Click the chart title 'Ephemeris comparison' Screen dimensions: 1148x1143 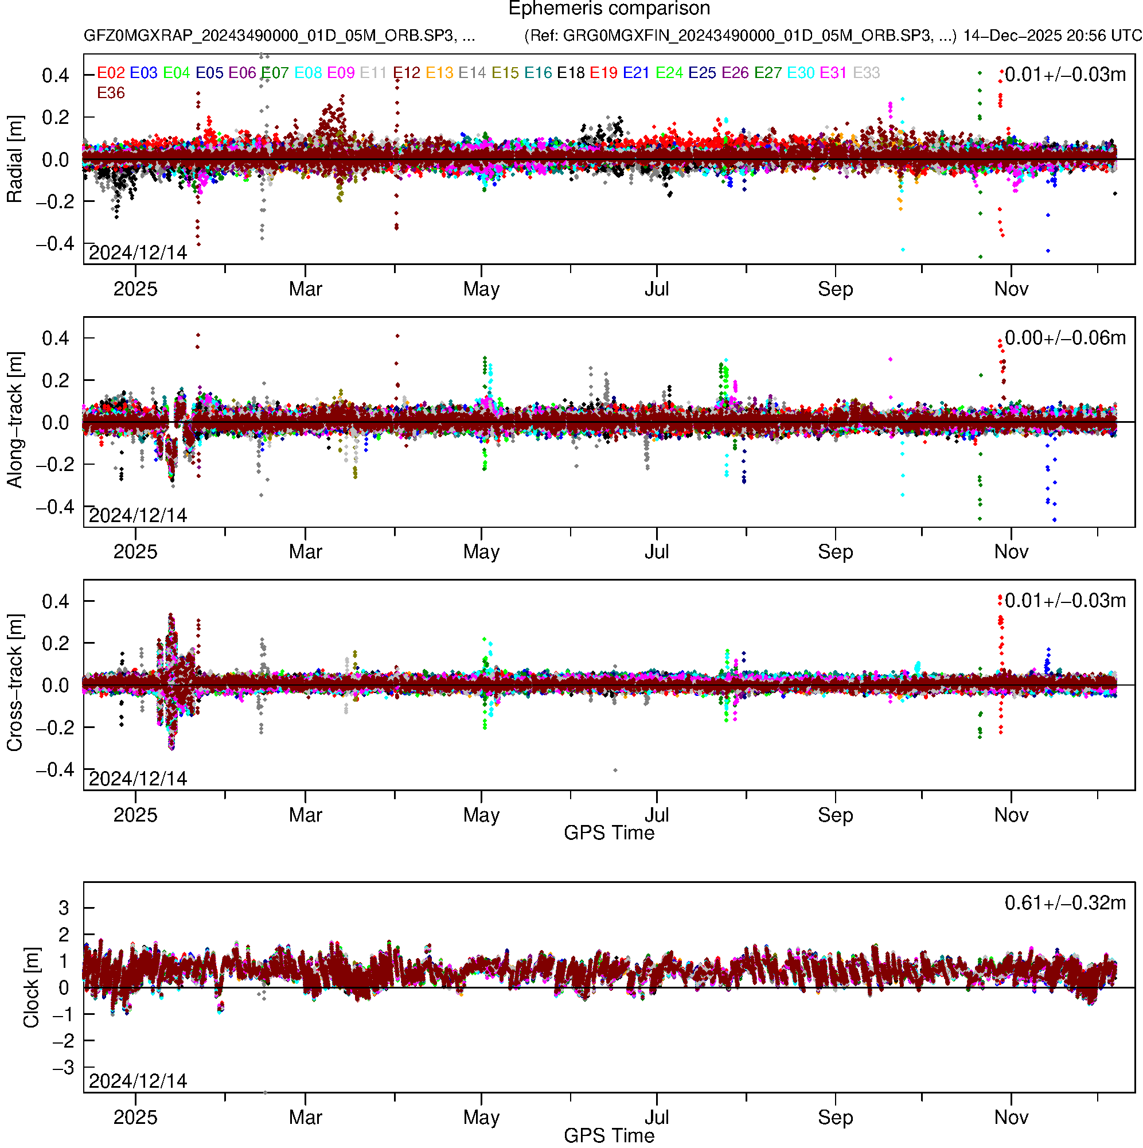[x=609, y=9]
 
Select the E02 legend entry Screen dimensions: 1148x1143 [x=111, y=73]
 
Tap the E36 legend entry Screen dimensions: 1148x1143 [x=111, y=94]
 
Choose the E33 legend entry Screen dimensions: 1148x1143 [x=866, y=73]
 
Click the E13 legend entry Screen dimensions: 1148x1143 [x=439, y=73]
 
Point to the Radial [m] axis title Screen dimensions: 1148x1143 [x=14, y=159]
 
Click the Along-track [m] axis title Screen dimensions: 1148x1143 [x=14, y=420]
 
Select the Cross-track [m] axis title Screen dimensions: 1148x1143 [x=14, y=683]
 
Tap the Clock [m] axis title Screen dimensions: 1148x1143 [x=31, y=987]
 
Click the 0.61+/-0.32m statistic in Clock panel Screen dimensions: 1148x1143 [x=1064, y=903]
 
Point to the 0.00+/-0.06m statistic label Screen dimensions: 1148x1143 [x=1064, y=338]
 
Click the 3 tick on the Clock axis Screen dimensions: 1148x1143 [x=64, y=908]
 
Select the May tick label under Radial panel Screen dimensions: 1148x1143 [x=481, y=289]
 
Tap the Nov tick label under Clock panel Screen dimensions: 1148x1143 [x=1011, y=1118]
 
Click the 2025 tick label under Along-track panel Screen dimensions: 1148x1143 [x=135, y=552]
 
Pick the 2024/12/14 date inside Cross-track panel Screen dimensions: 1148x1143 [x=138, y=779]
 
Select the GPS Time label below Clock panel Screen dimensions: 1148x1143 [x=609, y=1135]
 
